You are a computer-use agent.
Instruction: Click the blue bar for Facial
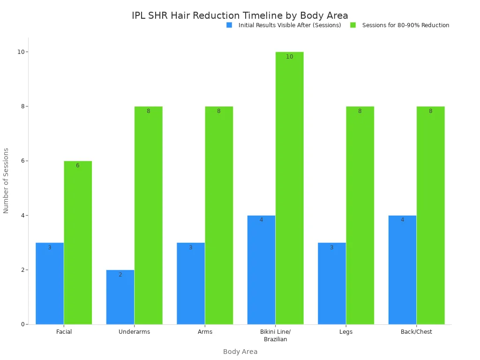click(50, 283)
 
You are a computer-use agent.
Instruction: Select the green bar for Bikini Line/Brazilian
click(289, 187)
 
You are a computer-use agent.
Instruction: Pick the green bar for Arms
click(219, 215)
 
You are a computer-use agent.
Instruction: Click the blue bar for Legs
click(332, 283)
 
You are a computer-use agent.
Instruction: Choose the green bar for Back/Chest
click(430, 215)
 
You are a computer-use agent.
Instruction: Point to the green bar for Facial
click(78, 242)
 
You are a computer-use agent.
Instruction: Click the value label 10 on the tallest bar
click(289, 57)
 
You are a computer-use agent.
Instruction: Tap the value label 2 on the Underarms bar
click(120, 275)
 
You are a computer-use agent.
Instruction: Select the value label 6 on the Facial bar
click(78, 165)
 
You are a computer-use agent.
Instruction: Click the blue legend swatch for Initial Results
click(229, 25)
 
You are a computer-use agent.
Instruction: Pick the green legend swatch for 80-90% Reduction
click(353, 25)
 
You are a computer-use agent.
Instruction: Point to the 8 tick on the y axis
click(22, 106)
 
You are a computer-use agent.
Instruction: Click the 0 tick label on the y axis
click(22, 324)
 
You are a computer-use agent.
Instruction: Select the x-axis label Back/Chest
click(416, 332)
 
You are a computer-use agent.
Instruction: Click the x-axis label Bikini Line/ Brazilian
click(275, 336)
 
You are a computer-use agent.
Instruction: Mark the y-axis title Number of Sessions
click(6, 180)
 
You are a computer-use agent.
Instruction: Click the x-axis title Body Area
click(240, 352)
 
